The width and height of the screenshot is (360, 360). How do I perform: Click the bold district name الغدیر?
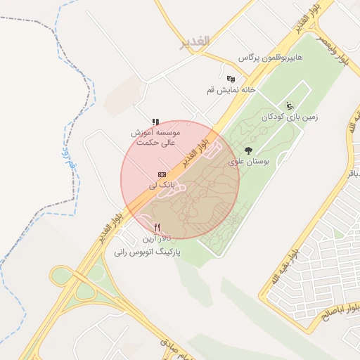point(195,42)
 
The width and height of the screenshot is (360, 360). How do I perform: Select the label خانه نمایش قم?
point(229,91)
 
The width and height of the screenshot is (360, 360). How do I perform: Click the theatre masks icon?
point(231,78)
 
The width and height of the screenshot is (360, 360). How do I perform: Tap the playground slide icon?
point(291,105)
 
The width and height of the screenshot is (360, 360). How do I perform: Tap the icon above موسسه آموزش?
point(155,122)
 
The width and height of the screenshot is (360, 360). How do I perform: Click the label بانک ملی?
point(161,185)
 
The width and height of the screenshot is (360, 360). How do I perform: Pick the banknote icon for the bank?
point(162,174)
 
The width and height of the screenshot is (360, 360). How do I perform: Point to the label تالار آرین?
point(156,239)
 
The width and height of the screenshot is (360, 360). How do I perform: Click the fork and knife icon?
point(157,227)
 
